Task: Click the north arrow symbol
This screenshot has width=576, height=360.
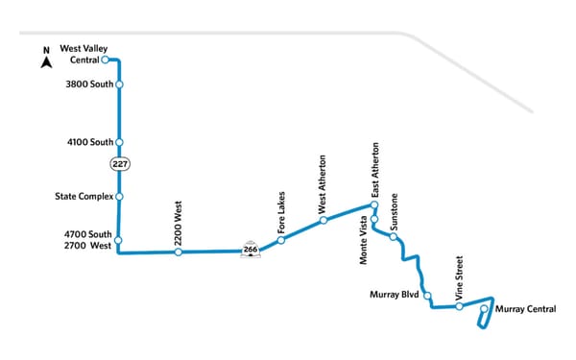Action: tap(45, 60)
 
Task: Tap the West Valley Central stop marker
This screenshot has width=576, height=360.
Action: tap(106, 60)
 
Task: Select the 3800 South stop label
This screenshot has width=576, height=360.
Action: tap(87, 84)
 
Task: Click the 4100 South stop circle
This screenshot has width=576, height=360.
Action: tap(119, 143)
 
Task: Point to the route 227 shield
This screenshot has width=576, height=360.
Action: tap(119, 162)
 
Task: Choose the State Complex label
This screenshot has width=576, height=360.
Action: tap(84, 197)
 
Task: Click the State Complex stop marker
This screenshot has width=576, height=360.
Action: tap(119, 197)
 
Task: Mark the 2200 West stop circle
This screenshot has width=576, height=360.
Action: tap(179, 252)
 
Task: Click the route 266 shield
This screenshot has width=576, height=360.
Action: tap(251, 250)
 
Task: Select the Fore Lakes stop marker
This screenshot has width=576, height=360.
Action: tap(280, 240)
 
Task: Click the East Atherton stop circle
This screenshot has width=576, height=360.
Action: tap(374, 205)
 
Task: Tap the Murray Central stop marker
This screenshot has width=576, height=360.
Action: tap(484, 309)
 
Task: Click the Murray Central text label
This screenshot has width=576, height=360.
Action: tap(527, 309)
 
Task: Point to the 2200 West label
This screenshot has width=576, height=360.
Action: tap(179, 221)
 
